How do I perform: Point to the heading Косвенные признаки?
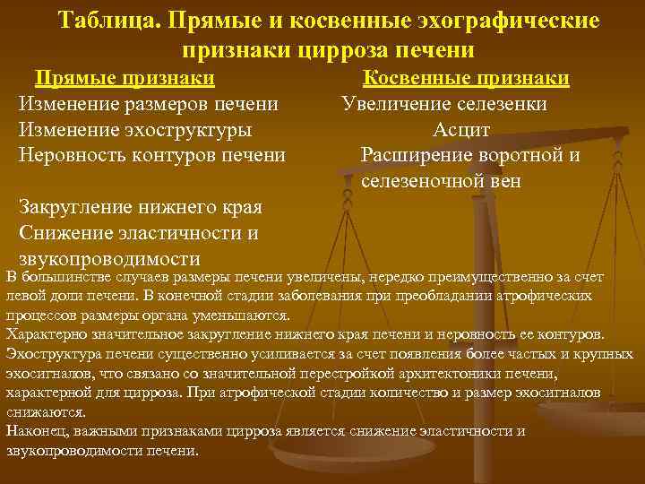(x=467, y=78)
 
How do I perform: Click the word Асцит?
(x=461, y=130)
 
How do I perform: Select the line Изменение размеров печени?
(x=148, y=104)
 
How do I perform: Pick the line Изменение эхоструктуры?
(x=134, y=130)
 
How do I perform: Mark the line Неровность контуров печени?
(x=152, y=155)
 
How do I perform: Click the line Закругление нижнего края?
(x=140, y=208)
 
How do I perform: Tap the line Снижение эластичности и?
(x=139, y=233)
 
